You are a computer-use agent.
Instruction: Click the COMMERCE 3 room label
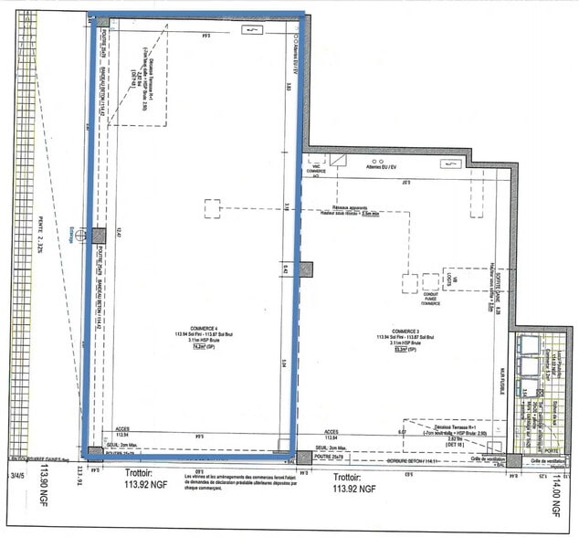pyautogui.click(x=405, y=332)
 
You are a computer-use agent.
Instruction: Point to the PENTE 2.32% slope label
pyautogui.click(x=41, y=237)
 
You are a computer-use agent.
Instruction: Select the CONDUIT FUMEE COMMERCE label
pyautogui.click(x=430, y=296)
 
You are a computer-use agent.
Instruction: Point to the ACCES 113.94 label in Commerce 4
pyautogui.click(x=122, y=433)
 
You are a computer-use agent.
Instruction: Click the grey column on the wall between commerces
pyautogui.click(x=305, y=269)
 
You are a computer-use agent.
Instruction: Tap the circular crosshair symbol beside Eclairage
pyautogui.click(x=82, y=235)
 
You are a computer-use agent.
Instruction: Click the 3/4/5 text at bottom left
pyautogui.click(x=16, y=475)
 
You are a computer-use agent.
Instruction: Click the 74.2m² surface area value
pyautogui.click(x=197, y=346)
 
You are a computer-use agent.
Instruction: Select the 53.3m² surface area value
pyautogui.click(x=400, y=349)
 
